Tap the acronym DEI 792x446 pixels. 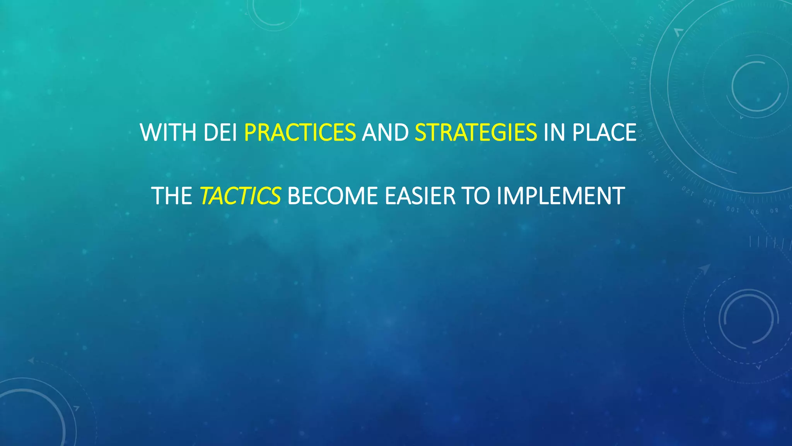pyautogui.click(x=220, y=132)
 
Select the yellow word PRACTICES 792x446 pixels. pyautogui.click(x=300, y=132)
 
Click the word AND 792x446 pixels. pyautogui.click(x=385, y=132)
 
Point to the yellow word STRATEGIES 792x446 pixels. pyautogui.click(x=476, y=132)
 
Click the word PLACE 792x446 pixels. pyautogui.click(x=604, y=132)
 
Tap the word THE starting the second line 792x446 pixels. pyautogui.click(x=172, y=196)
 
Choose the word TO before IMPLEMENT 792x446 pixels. pyautogui.click(x=476, y=196)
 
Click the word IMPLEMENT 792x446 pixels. pyautogui.click(x=561, y=196)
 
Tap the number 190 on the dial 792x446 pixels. pyautogui.click(x=642, y=39)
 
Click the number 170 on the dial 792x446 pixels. pyautogui.click(x=632, y=88)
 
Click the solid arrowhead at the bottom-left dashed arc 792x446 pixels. pyautogui.click(x=31, y=361)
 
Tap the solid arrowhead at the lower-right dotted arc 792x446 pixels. pyautogui.click(x=705, y=268)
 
